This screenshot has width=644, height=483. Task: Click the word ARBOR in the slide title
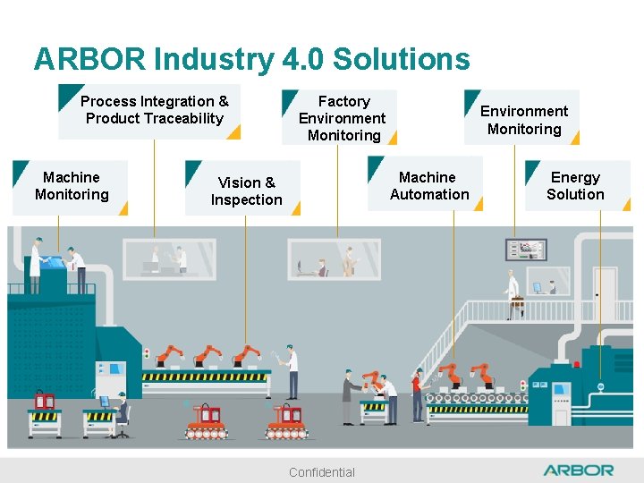[x=90, y=59]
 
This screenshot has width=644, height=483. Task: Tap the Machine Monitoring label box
[x=71, y=187]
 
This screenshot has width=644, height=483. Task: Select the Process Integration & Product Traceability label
[x=154, y=111]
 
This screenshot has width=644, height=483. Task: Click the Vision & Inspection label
[x=246, y=191]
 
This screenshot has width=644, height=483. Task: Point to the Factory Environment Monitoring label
[x=343, y=118]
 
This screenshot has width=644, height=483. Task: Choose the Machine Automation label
[x=429, y=186]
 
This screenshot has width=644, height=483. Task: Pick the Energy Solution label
[x=575, y=186]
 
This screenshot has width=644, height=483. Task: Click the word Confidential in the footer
[x=322, y=472]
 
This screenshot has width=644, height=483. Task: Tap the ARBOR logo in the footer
[x=579, y=470]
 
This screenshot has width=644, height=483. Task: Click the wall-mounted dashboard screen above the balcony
[x=526, y=250]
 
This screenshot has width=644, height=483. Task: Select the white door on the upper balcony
[x=605, y=292]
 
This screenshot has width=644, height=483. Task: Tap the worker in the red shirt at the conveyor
[x=416, y=394]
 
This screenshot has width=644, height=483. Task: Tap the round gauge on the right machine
[x=600, y=386]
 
